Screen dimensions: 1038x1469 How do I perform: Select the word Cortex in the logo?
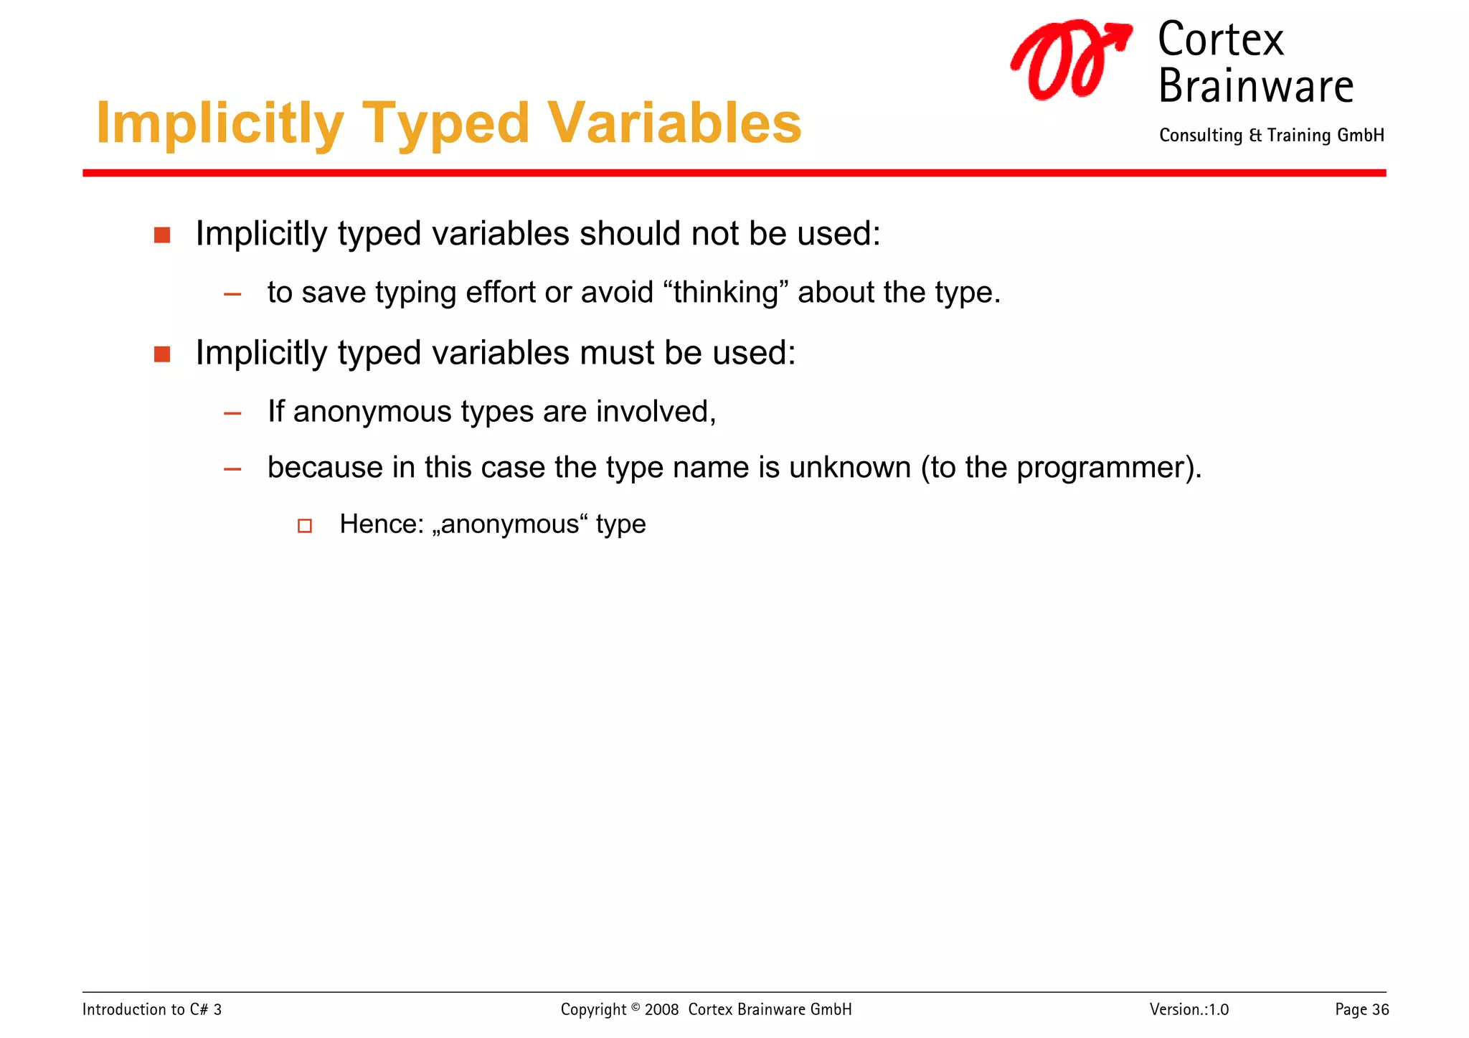(1220, 40)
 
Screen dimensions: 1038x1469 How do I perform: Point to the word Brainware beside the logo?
(1255, 87)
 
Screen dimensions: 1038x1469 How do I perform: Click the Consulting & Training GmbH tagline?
(1271, 136)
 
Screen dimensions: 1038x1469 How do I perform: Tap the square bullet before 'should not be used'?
(162, 235)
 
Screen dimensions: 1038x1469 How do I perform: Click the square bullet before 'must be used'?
(162, 354)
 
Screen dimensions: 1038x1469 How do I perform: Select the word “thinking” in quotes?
(726, 293)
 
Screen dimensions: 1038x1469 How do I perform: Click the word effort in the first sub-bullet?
(501, 293)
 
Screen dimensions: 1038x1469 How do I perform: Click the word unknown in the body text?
(849, 468)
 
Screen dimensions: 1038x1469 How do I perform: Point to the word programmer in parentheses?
(1100, 468)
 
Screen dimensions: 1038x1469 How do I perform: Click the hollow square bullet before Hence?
(305, 526)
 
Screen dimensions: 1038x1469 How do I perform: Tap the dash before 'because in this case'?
(232, 470)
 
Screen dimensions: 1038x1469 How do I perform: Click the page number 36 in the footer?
(1380, 1009)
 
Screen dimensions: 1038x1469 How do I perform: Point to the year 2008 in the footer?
(661, 1009)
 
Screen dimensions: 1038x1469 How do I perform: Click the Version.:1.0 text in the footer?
(1189, 1009)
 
